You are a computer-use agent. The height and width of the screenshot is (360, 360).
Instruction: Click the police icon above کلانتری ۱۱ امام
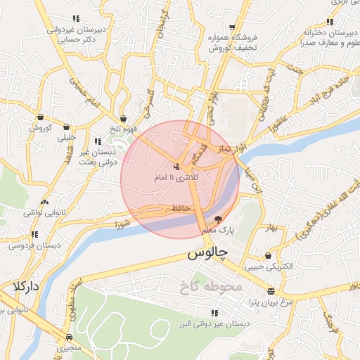pyautogui.click(x=176, y=167)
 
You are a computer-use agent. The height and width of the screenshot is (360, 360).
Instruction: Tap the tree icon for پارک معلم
pyautogui.click(x=219, y=219)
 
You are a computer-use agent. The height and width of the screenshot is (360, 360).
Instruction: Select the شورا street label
pyautogui.click(x=122, y=225)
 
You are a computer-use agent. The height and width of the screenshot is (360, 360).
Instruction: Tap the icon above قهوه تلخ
pyautogui.click(x=124, y=119)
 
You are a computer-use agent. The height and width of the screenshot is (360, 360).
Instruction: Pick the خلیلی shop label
pyautogui.click(x=67, y=138)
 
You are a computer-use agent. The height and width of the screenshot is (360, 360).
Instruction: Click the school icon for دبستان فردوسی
pyautogui.click(x=34, y=235)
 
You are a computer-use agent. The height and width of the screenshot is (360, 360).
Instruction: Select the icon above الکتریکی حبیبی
pyautogui.click(x=268, y=256)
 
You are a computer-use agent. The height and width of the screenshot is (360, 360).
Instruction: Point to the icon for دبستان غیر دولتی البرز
pyautogui.click(x=213, y=313)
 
